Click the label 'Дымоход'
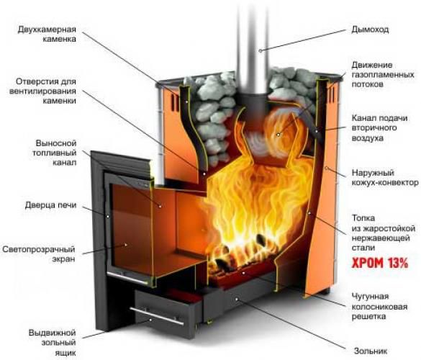coord(370,30)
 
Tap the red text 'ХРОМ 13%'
coord(380,263)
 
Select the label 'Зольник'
coord(371,351)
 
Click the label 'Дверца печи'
coord(51,205)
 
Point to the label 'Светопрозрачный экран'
coord(39,254)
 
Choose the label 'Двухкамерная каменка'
coord(47,34)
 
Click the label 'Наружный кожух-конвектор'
coord(385,178)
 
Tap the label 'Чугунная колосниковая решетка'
coord(380,306)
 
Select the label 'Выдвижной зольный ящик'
coord(52,343)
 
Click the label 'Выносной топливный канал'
coord(55,153)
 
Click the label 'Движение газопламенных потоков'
coord(383,74)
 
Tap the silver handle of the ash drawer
coord(157,316)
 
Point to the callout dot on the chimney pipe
coord(260,50)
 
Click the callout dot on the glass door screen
coord(125,245)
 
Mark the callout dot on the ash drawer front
coord(150,320)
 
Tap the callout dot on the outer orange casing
coord(326,168)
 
